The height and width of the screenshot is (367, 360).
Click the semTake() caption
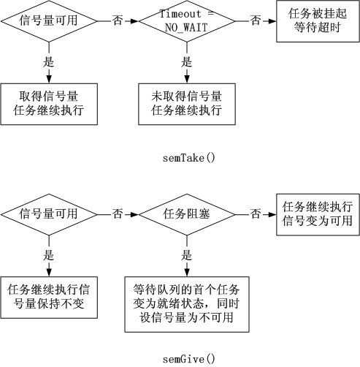coord(189,158)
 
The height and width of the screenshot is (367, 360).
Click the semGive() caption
coord(189,359)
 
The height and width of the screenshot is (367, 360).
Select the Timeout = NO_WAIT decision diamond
coord(187,21)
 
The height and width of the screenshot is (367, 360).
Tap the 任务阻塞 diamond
coord(187,214)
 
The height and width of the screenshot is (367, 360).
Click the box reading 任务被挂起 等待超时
coord(318,21)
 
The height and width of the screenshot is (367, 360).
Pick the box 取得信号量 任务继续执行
coord(49,104)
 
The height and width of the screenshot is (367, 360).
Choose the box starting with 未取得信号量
coord(187,104)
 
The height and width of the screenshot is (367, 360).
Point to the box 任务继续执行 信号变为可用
coord(318,214)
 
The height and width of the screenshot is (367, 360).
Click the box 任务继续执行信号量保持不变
coord(49,298)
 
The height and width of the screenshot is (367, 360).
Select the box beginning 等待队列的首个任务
coord(187,304)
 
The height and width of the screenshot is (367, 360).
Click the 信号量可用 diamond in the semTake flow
coord(49,21)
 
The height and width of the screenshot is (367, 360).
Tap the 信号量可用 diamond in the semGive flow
coord(49,214)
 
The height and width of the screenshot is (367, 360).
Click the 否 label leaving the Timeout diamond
coord(256,20)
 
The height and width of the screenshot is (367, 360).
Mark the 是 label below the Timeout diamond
coord(186,62)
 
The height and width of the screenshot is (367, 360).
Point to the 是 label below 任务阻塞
coord(186,255)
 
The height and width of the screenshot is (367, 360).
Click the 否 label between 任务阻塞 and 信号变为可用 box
coord(256,214)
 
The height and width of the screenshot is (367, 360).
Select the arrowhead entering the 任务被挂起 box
coord(272,21)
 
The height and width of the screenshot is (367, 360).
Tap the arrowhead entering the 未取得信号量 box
coord(187,80)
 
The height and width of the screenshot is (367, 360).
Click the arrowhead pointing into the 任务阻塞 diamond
coord(134,215)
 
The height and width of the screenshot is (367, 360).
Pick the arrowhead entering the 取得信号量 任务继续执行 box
coord(49,80)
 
